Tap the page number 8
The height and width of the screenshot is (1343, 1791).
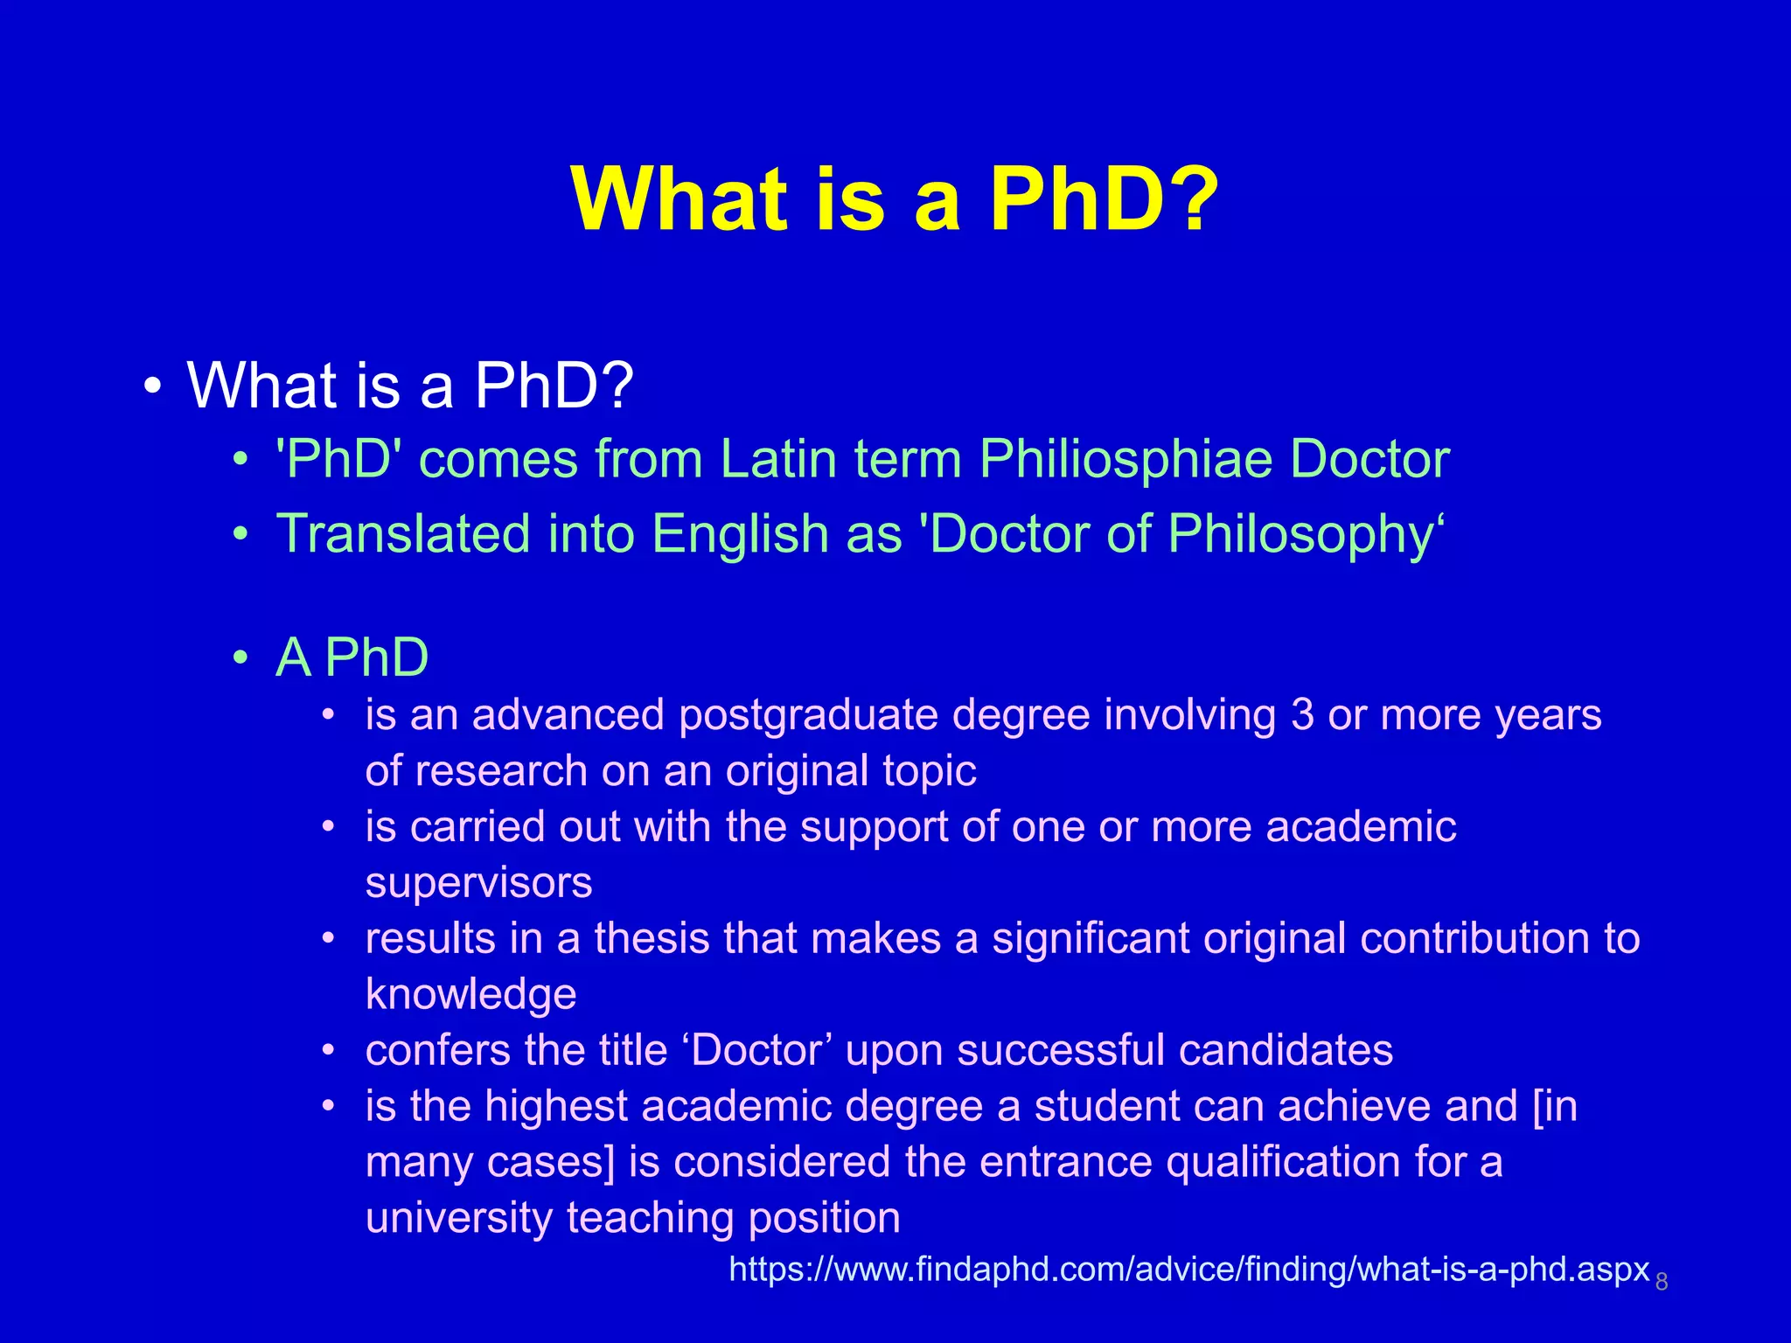[1662, 1282]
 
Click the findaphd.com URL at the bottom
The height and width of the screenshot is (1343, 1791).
[1188, 1269]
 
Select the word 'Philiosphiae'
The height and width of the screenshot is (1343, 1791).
[1125, 460]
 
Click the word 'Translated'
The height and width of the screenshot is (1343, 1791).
[403, 533]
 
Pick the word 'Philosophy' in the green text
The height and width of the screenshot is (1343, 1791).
[1300, 535]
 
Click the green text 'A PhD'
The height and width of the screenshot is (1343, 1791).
[352, 658]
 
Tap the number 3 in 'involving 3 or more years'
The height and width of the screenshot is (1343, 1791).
[1302, 715]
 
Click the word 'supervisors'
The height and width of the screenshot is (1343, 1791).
[478, 882]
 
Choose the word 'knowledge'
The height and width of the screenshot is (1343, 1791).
[470, 994]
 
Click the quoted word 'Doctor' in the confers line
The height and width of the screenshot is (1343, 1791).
[757, 1050]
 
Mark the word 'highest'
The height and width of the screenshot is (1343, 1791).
[556, 1107]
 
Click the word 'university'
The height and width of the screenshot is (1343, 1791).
[458, 1218]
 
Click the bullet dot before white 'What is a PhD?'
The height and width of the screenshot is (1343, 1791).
[154, 386]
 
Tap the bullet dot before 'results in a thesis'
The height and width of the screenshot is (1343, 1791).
[328, 939]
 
